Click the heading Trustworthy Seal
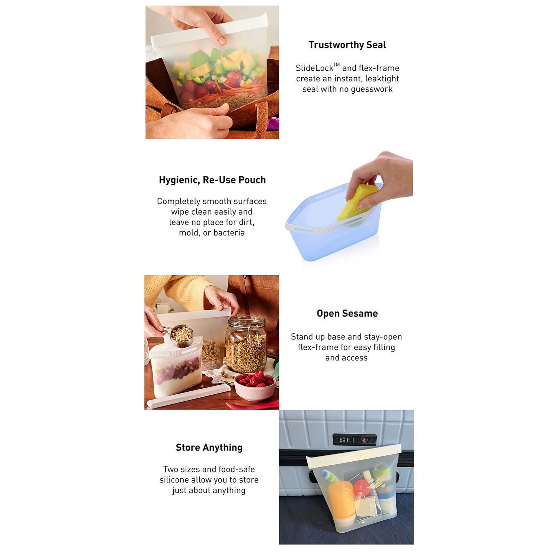347,45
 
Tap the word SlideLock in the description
314,68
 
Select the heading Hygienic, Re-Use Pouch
212,180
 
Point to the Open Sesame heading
347,314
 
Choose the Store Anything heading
209,448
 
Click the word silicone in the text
174,480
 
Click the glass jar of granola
246,344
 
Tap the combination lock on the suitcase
355,440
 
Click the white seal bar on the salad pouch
209,30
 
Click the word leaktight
382,78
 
